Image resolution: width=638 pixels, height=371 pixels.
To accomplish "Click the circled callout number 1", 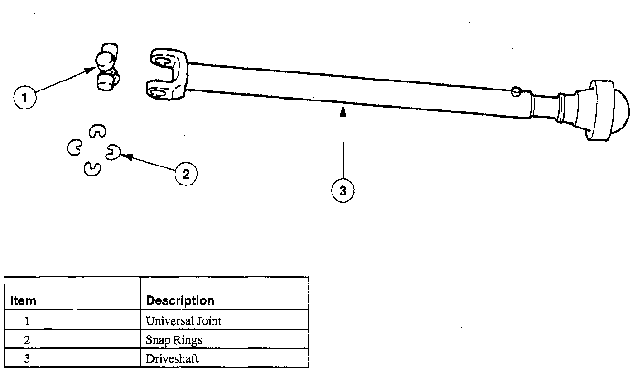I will [25, 98].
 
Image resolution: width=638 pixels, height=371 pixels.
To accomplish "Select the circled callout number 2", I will [186, 174].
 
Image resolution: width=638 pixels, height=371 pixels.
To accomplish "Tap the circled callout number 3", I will [343, 191].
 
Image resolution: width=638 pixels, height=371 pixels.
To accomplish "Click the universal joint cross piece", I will [107, 68].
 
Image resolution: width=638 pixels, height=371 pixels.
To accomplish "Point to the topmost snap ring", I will [97, 131].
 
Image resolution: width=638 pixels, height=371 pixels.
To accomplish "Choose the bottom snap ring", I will [92, 168].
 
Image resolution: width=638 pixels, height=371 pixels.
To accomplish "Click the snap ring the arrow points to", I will [112, 152].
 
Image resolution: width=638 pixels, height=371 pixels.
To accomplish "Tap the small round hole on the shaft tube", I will [515, 92].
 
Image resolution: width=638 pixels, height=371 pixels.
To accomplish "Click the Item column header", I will [23, 300].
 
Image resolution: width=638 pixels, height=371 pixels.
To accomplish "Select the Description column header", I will [180, 300].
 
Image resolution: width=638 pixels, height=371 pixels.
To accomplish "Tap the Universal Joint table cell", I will [184, 321].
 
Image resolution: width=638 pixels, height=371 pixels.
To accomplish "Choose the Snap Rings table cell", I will [174, 340].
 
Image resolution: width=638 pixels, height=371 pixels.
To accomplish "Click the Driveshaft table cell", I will [172, 359].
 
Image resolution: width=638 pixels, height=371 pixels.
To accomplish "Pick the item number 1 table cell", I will [27, 321].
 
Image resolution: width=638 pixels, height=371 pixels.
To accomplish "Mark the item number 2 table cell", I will [27, 340].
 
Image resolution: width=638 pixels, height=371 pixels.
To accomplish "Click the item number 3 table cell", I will [27, 359].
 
